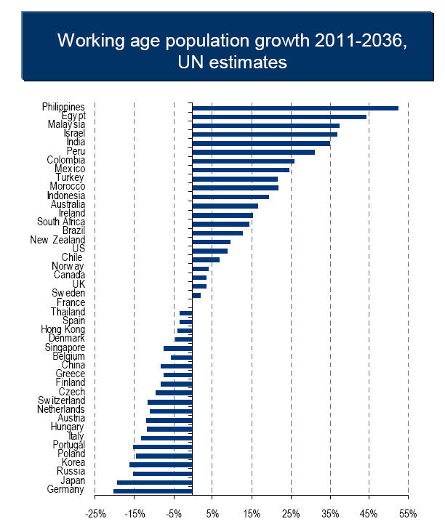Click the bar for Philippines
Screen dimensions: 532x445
point(295,108)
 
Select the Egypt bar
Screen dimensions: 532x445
point(279,116)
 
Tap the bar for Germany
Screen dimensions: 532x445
point(153,491)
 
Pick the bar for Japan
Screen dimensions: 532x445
point(154,482)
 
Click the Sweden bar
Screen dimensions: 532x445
point(196,294)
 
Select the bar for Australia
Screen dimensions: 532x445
point(225,206)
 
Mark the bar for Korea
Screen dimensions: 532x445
point(161,464)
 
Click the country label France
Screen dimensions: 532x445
point(71,302)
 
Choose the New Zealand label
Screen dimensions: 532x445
point(57,240)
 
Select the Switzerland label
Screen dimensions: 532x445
point(62,400)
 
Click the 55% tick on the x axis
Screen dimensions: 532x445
point(408,514)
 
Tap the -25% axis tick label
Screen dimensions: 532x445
point(95,514)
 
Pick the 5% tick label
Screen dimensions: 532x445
point(212,514)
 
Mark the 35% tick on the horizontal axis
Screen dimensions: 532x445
point(330,514)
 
